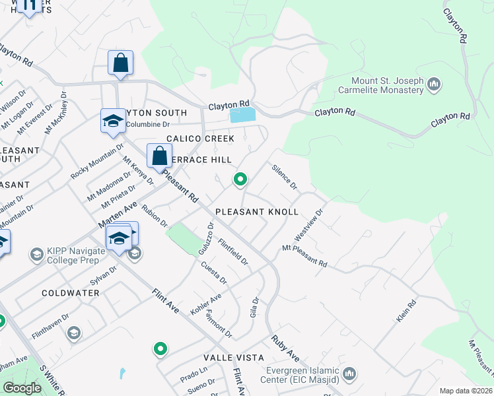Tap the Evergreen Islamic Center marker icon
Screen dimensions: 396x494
tap(349, 374)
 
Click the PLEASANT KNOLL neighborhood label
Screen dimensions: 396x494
tap(257, 212)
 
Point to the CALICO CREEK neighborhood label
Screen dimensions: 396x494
tap(200, 139)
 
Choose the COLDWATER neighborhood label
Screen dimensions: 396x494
tap(71, 292)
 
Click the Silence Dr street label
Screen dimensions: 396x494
tap(285, 176)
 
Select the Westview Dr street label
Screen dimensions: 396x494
tap(308, 226)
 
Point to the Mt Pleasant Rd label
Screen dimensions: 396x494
tap(304, 255)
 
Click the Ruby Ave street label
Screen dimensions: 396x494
tap(285, 350)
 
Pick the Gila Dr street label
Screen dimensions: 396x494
tap(254, 307)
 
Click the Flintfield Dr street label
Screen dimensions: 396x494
tap(232, 251)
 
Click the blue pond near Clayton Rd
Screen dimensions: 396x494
tap(242, 115)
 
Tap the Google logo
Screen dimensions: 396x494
tap(22, 387)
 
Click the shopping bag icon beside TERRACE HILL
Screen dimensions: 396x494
tap(159, 156)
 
